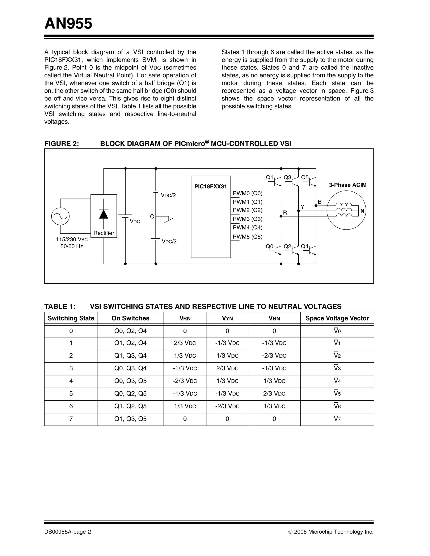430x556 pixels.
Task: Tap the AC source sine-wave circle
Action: tap(60, 216)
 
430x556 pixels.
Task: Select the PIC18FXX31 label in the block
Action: tap(211, 186)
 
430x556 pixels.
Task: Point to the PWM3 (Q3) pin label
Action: tap(247, 219)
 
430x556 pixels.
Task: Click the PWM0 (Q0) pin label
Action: tap(247, 193)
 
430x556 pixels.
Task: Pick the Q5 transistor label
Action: tap(305, 177)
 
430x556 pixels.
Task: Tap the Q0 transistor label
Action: tap(269, 246)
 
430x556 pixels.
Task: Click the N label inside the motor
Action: tap(362, 211)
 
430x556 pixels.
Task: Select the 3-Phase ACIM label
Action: tap(347, 185)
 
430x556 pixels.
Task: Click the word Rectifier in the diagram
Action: tap(104, 233)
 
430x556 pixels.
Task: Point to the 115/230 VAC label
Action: tap(72, 240)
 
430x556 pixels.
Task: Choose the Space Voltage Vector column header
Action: tap(337, 318)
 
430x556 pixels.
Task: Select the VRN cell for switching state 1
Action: tap(185, 343)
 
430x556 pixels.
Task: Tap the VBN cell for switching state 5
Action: tap(274, 394)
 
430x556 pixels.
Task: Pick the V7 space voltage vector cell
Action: tap(337, 419)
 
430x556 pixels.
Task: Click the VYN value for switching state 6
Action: tap(227, 406)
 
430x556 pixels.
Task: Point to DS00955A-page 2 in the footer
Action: tap(68, 532)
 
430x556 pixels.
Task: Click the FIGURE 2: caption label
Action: tap(62, 144)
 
